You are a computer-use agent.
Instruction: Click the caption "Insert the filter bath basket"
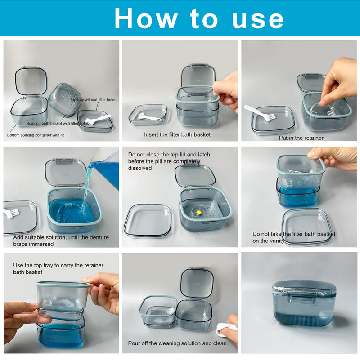point(177,134)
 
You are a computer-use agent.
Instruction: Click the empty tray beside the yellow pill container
point(148,221)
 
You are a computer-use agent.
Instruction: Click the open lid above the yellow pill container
point(195,175)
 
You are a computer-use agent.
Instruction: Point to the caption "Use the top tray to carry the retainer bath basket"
point(58,269)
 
